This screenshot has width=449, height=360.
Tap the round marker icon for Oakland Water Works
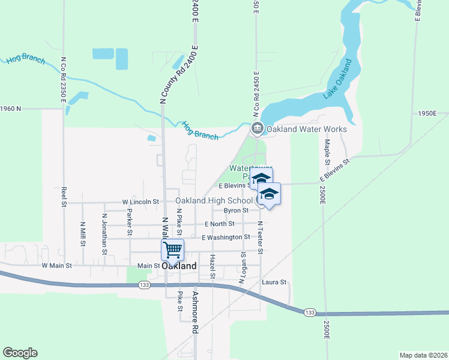tap(258, 128)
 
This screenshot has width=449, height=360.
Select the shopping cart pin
tap(172, 250)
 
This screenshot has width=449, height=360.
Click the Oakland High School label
tap(214, 201)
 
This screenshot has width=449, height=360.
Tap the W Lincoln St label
tap(140, 202)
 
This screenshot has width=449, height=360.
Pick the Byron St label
tap(236, 211)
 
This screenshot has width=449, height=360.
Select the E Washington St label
tap(225, 238)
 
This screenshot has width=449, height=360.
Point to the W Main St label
tap(56, 265)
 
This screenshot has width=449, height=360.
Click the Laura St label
tap(274, 282)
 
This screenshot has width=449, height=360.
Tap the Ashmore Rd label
tap(195, 313)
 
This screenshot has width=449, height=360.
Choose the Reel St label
tap(64, 196)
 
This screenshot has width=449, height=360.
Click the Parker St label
tap(129, 222)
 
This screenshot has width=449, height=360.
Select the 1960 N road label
tap(10, 109)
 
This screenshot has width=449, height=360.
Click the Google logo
tap(20, 353)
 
